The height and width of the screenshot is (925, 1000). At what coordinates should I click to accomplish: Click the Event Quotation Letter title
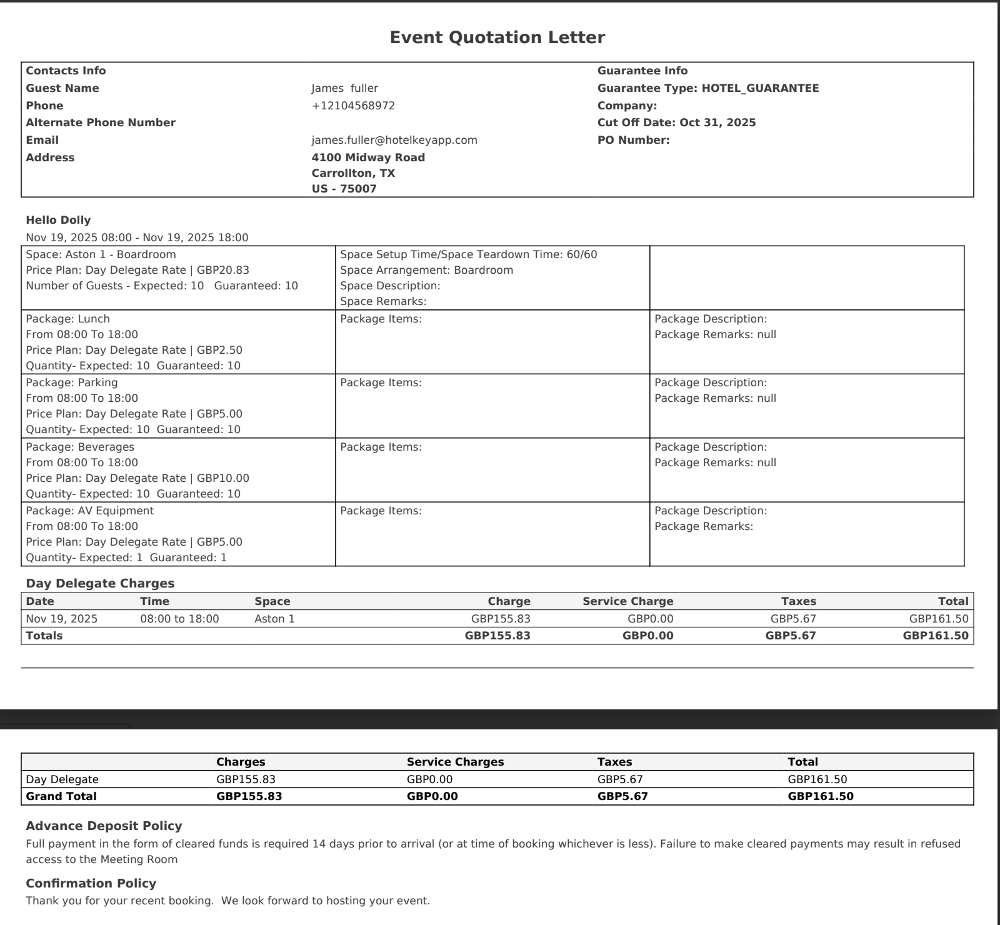click(497, 37)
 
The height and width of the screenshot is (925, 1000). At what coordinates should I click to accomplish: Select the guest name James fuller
click(344, 88)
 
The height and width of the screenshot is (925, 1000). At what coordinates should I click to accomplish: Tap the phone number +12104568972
click(353, 106)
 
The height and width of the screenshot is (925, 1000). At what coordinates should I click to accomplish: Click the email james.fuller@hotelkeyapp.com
click(394, 140)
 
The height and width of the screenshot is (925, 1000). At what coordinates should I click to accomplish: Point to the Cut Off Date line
click(676, 122)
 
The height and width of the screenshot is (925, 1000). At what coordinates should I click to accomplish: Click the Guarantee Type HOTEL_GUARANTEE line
click(707, 88)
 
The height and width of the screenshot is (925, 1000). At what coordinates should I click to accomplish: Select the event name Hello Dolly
click(58, 220)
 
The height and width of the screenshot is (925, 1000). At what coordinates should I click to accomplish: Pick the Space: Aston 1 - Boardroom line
click(101, 254)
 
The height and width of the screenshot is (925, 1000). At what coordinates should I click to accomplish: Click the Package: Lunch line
click(67, 319)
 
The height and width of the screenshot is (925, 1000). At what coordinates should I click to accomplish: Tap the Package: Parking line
click(71, 382)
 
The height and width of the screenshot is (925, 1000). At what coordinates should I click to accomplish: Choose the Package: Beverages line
click(80, 447)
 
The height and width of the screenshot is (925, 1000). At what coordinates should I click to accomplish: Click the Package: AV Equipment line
click(89, 511)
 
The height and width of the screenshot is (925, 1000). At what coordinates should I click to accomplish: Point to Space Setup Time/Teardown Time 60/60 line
click(468, 254)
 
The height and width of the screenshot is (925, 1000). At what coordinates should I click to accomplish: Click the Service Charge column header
click(627, 601)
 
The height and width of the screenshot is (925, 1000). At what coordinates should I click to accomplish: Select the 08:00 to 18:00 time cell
click(179, 619)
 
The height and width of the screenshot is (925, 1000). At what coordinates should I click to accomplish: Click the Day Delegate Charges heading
click(100, 583)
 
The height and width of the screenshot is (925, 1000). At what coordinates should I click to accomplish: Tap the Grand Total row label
click(61, 796)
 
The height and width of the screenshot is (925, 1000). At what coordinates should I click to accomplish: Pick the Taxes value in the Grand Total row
click(622, 796)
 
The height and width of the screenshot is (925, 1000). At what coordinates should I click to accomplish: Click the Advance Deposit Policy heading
click(104, 826)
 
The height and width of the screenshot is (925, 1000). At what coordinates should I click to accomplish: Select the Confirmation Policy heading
click(91, 883)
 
